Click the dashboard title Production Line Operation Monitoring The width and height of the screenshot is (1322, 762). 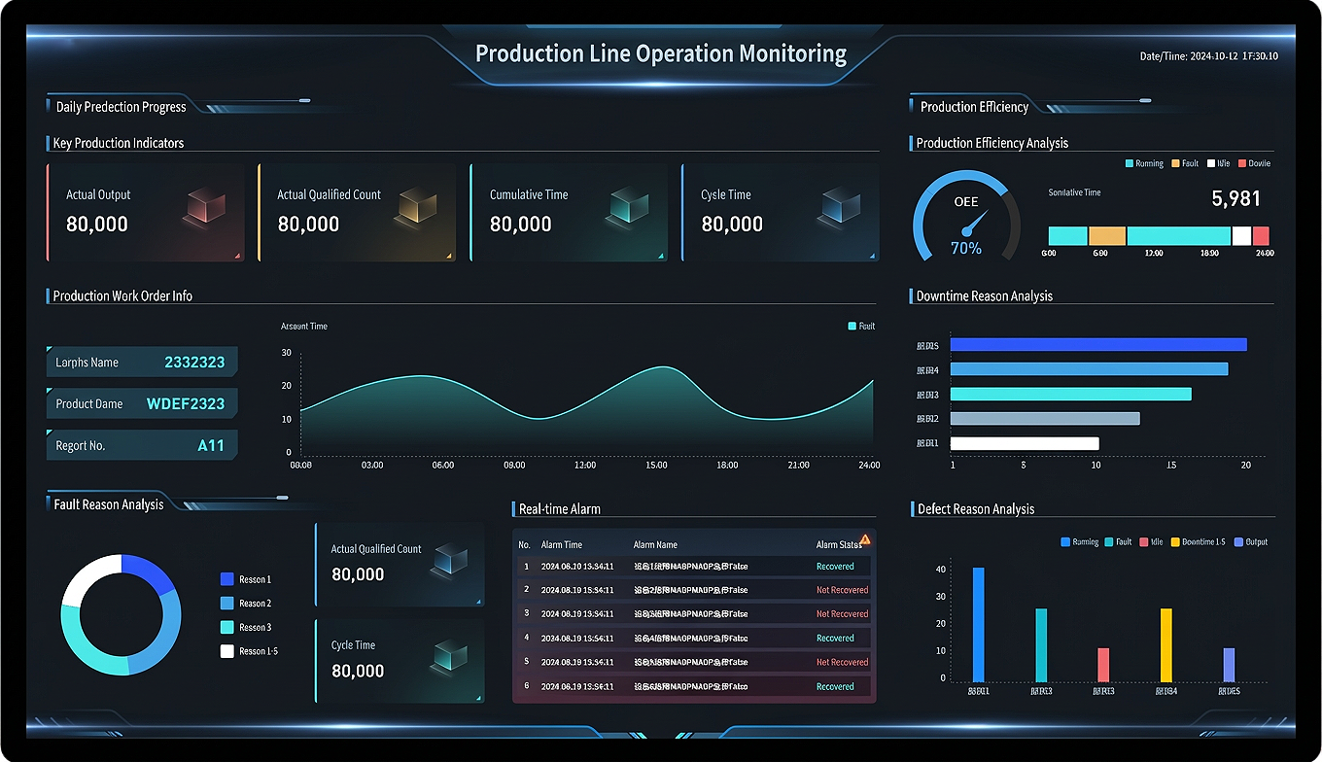(x=660, y=53)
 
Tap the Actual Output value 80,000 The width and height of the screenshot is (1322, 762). (x=97, y=225)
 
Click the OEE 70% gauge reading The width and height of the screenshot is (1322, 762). (x=966, y=248)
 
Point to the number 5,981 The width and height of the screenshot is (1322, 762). (x=1235, y=199)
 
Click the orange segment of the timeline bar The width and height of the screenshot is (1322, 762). (x=1106, y=236)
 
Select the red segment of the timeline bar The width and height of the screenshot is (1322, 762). (x=1261, y=236)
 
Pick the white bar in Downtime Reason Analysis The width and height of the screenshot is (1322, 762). (x=1024, y=443)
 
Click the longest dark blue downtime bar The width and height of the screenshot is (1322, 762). (x=1097, y=344)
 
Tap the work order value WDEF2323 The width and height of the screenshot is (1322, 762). (x=185, y=403)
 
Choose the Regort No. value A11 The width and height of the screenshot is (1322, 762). (x=210, y=445)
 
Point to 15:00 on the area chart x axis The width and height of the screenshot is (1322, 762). (x=656, y=466)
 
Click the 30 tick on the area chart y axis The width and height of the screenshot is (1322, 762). (x=286, y=353)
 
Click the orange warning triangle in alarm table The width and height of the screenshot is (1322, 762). (x=864, y=539)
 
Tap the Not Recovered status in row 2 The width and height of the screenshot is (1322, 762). (x=842, y=590)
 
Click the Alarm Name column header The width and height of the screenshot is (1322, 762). (x=655, y=545)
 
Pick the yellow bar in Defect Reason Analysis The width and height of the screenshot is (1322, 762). (x=1165, y=644)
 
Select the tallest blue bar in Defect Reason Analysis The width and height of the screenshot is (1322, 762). (x=978, y=624)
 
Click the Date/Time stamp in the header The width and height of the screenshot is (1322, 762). (x=1208, y=56)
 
